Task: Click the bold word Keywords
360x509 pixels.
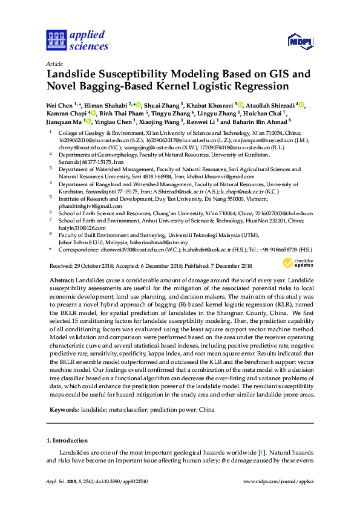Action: click(63, 410)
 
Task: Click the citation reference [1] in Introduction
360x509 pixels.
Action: click(261, 452)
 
